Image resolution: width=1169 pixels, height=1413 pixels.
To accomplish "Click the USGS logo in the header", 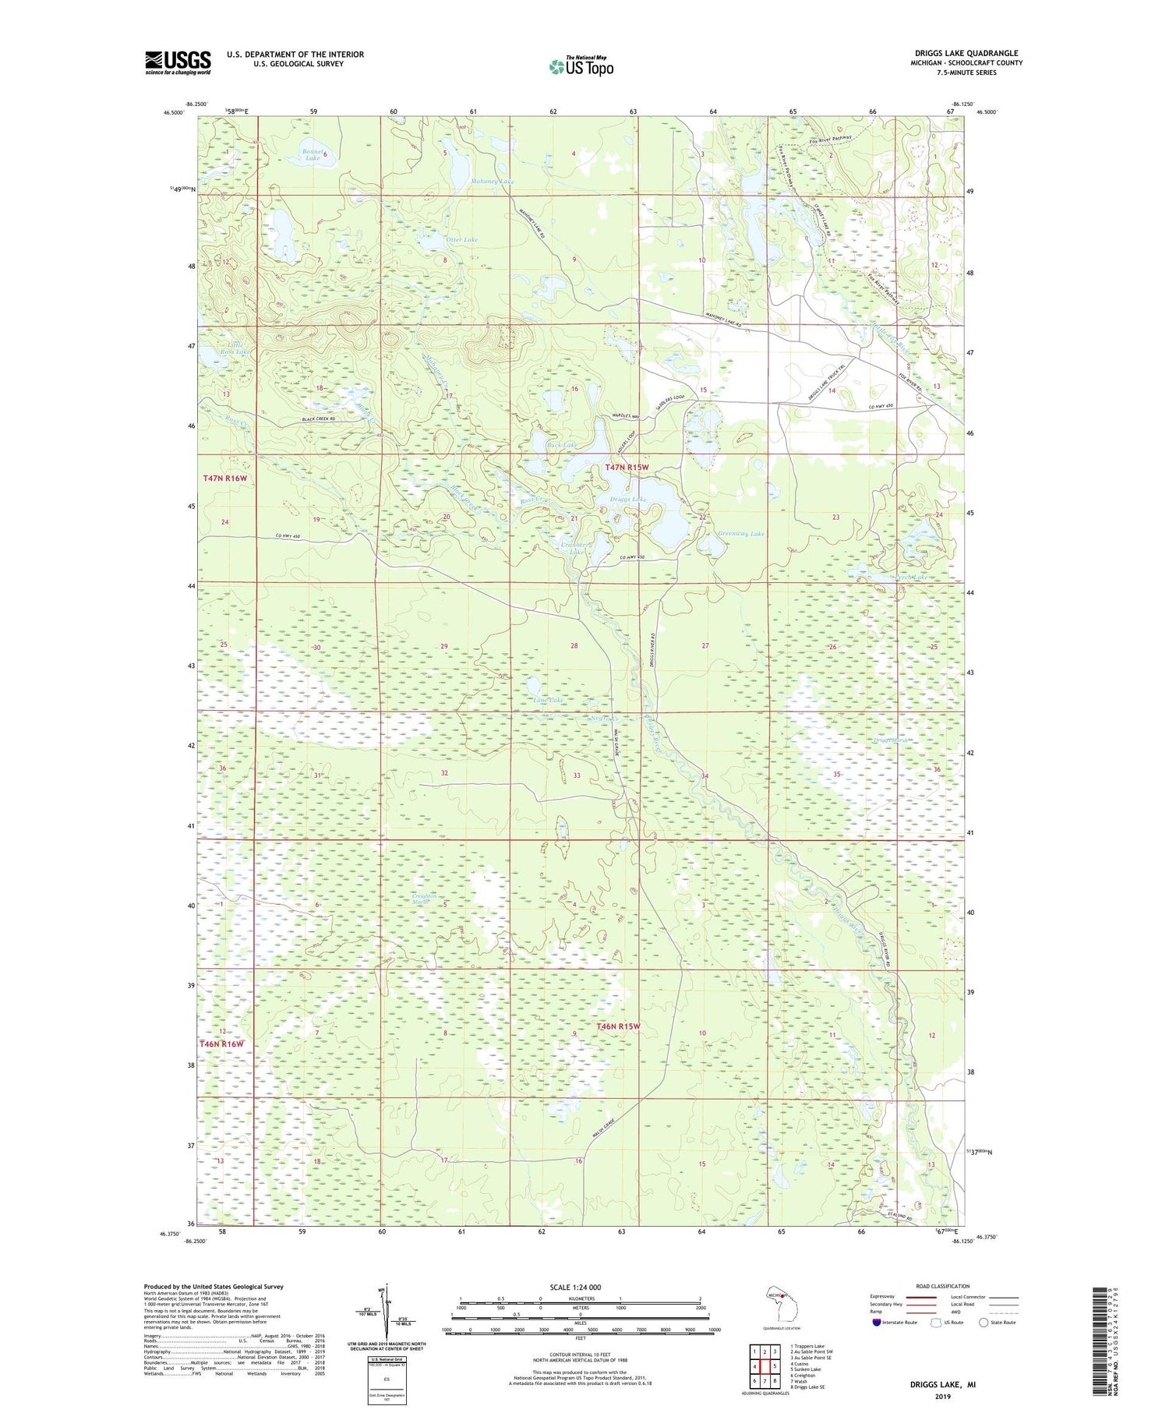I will point(178,62).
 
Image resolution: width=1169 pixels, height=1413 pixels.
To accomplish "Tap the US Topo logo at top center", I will point(581,67).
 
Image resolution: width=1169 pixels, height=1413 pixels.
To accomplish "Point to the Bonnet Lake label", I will point(312,154).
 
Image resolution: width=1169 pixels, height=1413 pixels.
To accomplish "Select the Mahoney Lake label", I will point(493,182).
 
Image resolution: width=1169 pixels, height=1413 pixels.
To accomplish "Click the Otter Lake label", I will point(461,239).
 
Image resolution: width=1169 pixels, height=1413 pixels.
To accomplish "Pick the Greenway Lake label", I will point(740,534).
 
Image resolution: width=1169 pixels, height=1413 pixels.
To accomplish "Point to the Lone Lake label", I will point(548,700).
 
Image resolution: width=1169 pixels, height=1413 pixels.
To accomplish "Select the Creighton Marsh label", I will point(427,899).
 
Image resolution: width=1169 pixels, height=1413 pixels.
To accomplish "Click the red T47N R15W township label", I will point(627,467).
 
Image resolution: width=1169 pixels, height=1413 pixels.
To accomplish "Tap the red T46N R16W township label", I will point(222,1044).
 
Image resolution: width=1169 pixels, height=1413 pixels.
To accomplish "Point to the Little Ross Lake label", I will point(235,348).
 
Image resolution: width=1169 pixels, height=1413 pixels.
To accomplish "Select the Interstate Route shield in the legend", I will point(877,1323).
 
